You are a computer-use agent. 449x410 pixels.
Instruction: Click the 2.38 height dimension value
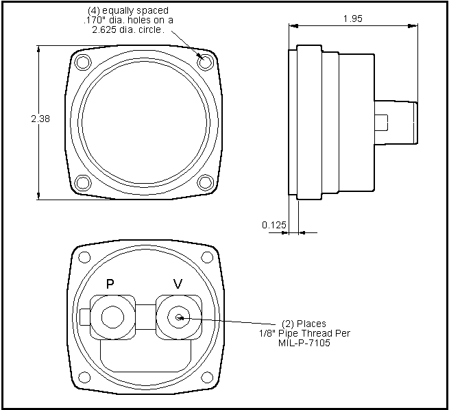[x=40, y=119]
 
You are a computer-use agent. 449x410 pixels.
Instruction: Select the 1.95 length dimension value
[x=353, y=19]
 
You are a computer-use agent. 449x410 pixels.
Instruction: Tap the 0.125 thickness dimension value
[x=274, y=225]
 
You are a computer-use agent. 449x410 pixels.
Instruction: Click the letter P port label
[x=110, y=284]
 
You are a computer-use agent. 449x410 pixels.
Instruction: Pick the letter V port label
[x=178, y=284]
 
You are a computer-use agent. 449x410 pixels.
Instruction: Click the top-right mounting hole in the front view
[x=205, y=62]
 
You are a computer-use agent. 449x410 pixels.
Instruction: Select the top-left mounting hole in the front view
[x=83, y=62]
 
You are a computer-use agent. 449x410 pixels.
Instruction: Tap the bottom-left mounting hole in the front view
[x=83, y=182]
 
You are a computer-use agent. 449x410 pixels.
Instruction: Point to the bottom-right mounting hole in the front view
[x=205, y=182]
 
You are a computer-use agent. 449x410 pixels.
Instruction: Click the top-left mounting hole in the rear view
[x=84, y=257]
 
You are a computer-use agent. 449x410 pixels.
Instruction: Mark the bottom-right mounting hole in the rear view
[x=207, y=377]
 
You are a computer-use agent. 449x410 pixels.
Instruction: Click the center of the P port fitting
[x=113, y=317]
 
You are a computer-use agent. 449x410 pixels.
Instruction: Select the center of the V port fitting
[x=179, y=317]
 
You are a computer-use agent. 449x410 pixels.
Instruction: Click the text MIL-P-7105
[x=304, y=343]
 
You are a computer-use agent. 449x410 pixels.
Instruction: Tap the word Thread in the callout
[x=317, y=333]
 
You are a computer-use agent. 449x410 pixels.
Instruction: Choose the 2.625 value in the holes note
[x=104, y=29]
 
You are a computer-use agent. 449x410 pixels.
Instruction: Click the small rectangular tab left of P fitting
[x=85, y=317]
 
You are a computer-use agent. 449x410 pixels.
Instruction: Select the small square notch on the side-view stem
[x=381, y=122]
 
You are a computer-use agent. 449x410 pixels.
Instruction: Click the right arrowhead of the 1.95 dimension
[x=413, y=26]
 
